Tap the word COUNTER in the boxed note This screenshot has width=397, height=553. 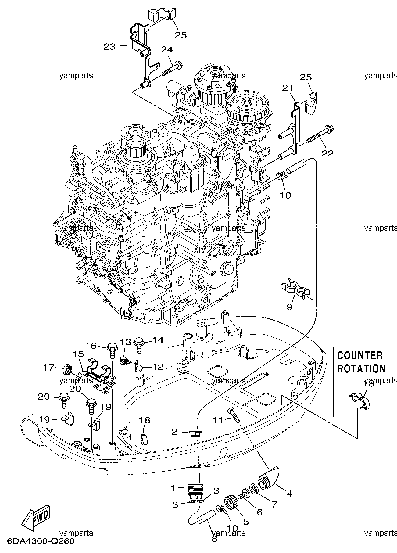360,356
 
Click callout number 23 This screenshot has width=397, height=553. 109,46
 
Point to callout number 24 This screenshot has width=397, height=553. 167,50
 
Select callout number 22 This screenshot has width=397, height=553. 328,153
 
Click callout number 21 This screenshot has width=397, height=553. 287,88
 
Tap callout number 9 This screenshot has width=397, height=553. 289,307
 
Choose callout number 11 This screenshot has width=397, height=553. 218,420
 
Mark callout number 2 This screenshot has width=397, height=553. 174,431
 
